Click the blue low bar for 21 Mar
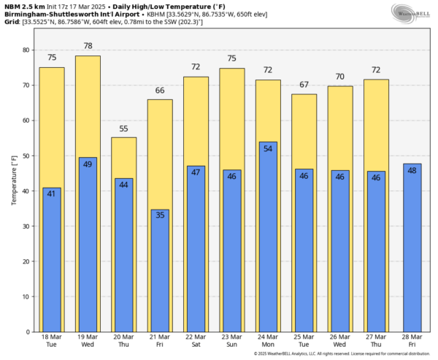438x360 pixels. [160, 270]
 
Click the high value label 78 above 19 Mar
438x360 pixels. [88, 46]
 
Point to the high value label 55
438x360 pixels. [123, 128]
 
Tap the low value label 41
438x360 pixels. [52, 194]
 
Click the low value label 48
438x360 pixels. [412, 170]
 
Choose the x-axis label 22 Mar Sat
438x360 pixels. [196, 342]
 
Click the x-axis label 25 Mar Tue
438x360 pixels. [304, 342]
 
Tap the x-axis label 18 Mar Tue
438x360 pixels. [52, 342]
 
